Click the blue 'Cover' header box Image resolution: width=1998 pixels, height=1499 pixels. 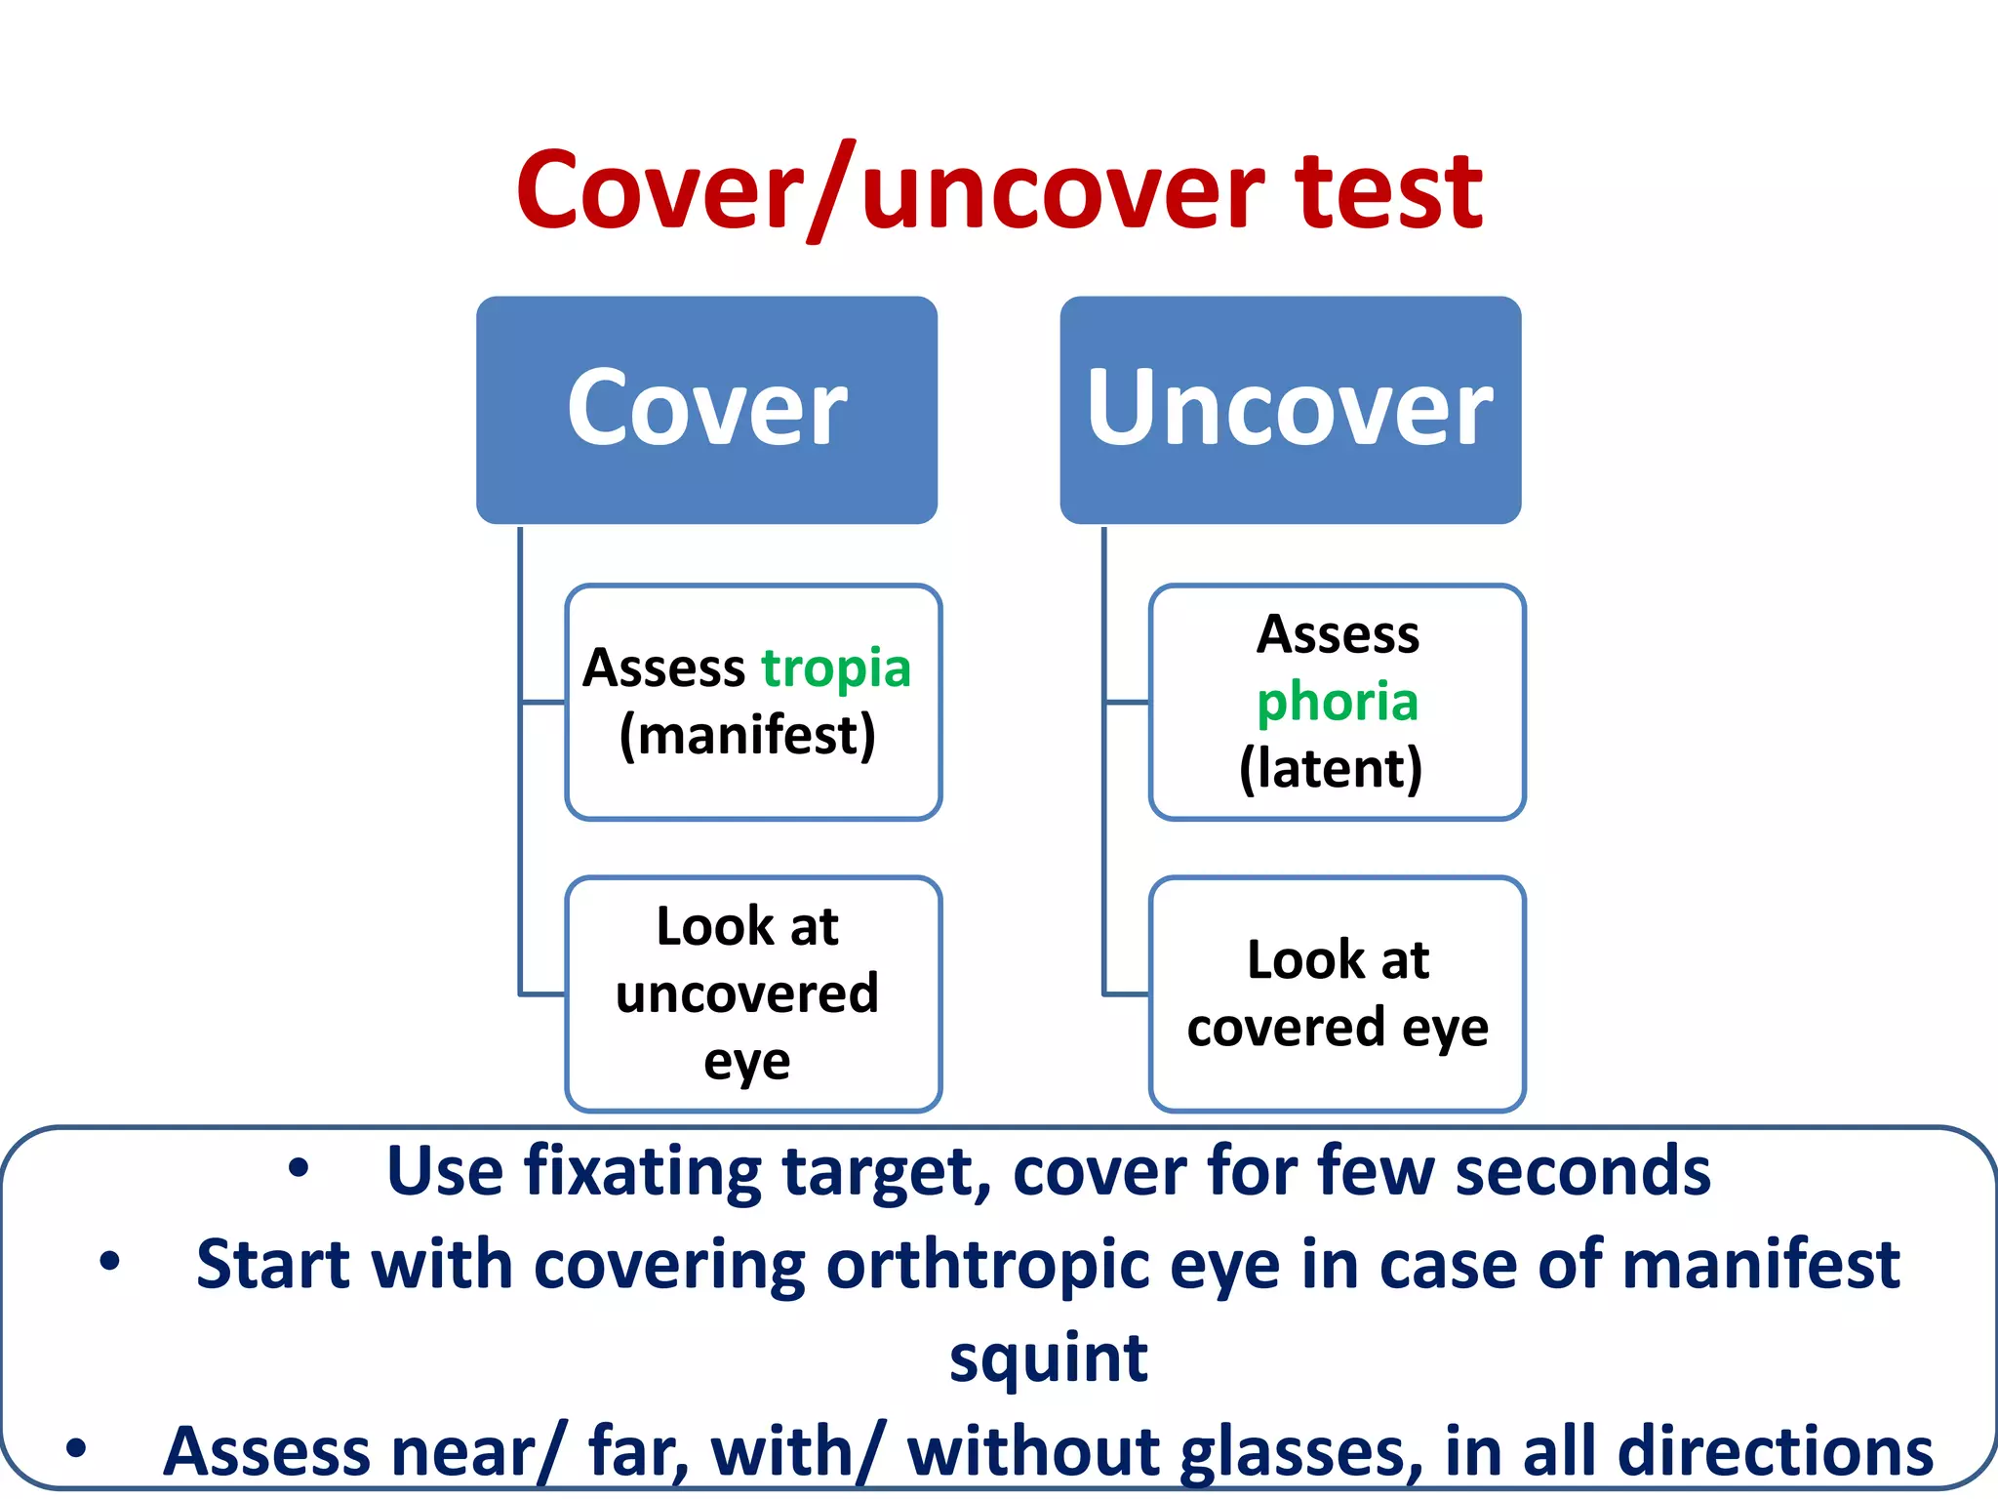point(706,410)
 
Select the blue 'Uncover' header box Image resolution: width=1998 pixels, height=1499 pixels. point(1290,410)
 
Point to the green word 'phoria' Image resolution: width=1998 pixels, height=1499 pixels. point(1337,703)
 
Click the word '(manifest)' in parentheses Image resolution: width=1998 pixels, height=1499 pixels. point(747,736)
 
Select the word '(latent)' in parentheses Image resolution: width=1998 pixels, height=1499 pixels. point(1331,769)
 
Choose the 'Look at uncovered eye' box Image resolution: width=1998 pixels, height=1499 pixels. point(753,993)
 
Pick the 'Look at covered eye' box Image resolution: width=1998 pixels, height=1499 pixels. point(1337,993)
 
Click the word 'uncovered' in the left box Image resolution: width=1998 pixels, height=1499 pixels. point(747,994)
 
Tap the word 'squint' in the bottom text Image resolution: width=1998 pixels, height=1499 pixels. point(1049,1358)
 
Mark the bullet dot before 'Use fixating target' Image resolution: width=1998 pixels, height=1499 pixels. point(299,1168)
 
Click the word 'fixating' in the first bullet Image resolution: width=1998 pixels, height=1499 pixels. point(643,1172)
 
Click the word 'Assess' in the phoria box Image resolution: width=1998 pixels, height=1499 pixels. point(1338,636)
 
